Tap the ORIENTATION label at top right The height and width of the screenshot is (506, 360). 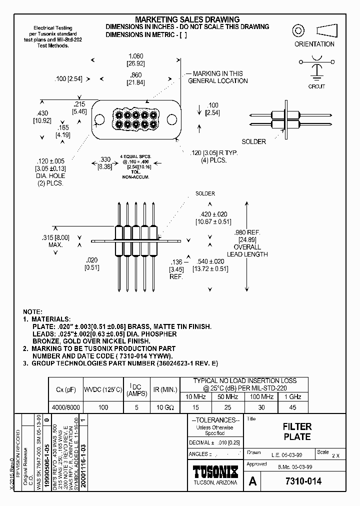tap(314, 44)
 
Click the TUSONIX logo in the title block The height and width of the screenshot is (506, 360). tap(215, 472)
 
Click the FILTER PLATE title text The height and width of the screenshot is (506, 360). tap(297, 431)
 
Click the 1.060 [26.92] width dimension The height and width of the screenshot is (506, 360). tap(136, 59)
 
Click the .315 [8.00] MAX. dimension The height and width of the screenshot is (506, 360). tap(55, 241)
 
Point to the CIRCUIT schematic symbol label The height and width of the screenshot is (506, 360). tap(316, 86)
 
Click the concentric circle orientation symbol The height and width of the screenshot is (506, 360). tap(299, 30)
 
